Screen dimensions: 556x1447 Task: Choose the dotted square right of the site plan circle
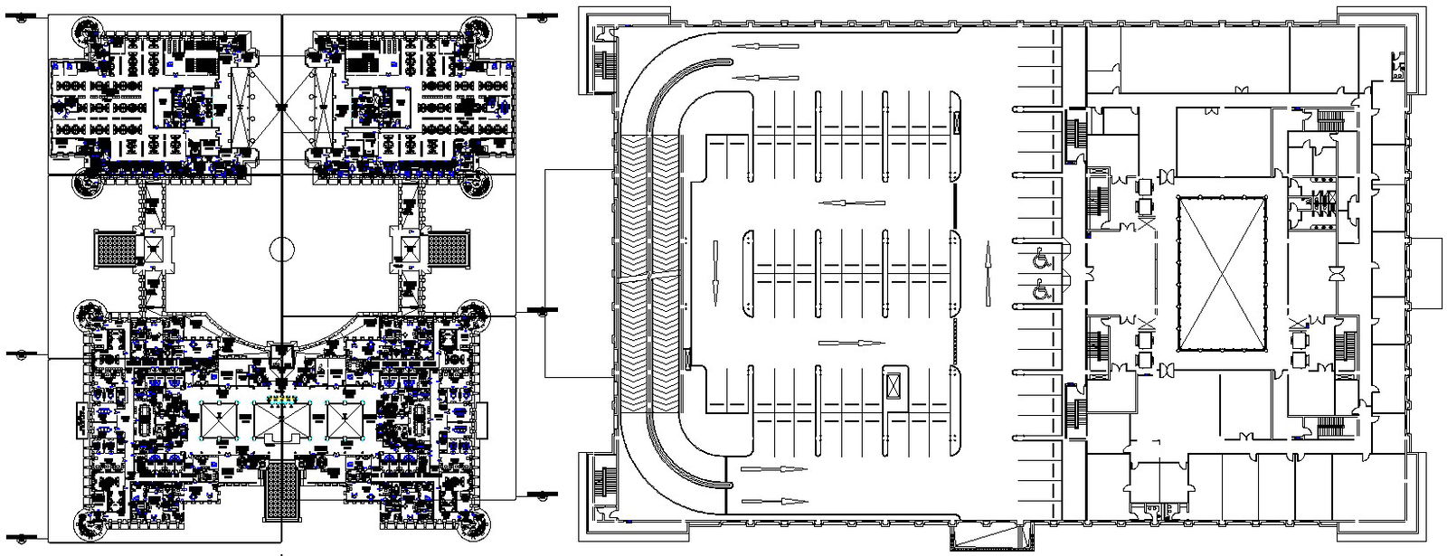(x=449, y=247)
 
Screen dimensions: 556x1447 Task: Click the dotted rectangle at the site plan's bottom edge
(x=281, y=491)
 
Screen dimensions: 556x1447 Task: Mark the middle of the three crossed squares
(x=281, y=420)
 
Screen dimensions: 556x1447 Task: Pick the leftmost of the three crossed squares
(x=218, y=420)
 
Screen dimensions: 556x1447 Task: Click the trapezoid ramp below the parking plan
(x=988, y=539)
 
